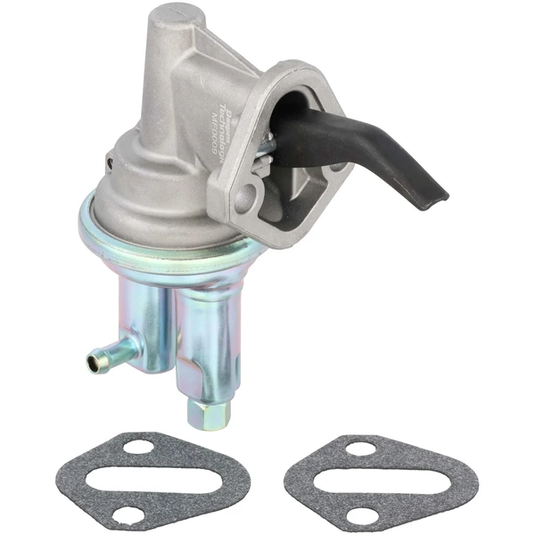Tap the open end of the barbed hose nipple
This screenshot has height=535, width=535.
tap(93, 362)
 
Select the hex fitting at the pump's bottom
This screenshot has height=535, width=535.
tap(209, 413)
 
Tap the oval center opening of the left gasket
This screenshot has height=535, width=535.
tap(134, 480)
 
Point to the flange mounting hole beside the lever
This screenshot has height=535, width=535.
tap(337, 165)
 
